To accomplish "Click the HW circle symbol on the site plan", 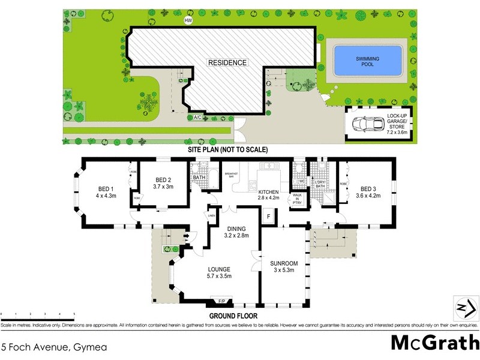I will [x=188, y=20].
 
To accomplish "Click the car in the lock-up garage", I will [x=370, y=124].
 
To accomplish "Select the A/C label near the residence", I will [x=197, y=117].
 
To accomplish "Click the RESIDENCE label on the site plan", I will [x=227, y=62].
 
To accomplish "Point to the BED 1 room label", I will [x=104, y=192].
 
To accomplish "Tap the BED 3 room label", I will [x=368, y=192].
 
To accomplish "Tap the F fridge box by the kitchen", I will [x=269, y=216].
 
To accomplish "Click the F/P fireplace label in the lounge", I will [x=221, y=301].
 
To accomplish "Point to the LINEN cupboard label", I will [x=211, y=215].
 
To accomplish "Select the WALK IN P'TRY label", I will [x=297, y=199].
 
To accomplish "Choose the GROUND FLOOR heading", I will [x=233, y=315].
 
